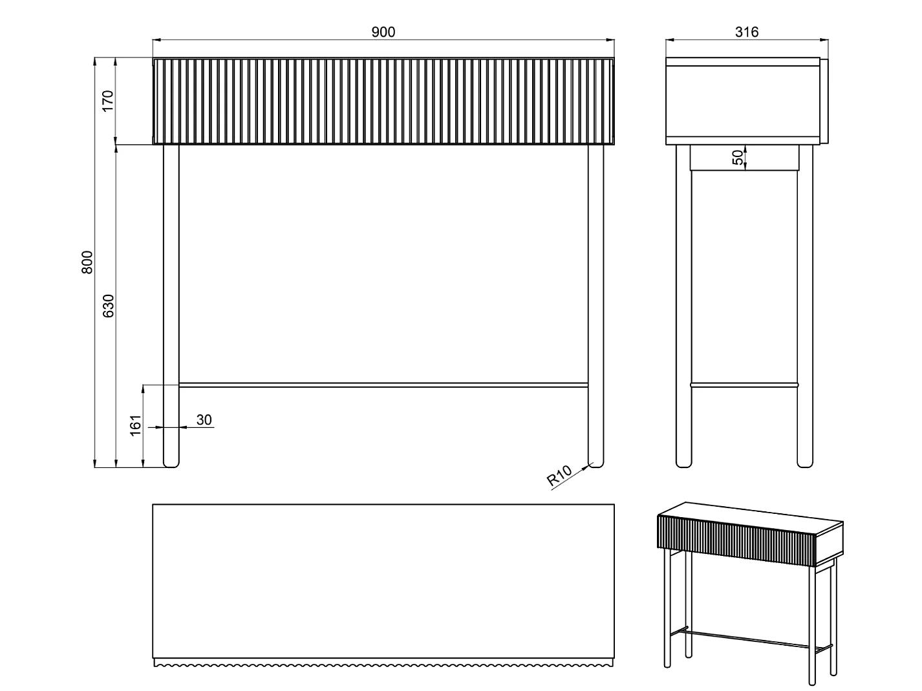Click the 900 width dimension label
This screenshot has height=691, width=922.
[383, 32]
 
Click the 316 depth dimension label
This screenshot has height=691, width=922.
[746, 32]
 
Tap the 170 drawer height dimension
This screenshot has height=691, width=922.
[108, 101]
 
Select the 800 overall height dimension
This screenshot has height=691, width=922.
[87, 262]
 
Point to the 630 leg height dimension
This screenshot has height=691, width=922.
[108, 306]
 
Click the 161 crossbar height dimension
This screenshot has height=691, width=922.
[135, 425]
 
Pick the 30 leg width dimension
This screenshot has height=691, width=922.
[204, 420]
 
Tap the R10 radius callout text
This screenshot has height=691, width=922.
[559, 476]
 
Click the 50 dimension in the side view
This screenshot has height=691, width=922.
[738, 158]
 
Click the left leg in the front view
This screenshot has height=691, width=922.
[171, 306]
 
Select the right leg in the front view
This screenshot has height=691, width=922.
[595, 306]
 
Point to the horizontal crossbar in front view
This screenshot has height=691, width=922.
[383, 385]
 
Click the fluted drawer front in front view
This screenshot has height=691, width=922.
[383, 101]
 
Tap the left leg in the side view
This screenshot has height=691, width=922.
[683, 306]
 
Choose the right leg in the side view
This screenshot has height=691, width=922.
[805, 306]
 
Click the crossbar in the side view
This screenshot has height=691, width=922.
[744, 385]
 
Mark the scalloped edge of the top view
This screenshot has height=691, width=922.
[383, 663]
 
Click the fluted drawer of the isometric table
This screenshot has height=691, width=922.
[736, 541]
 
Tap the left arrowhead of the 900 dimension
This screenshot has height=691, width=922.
[156, 40]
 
